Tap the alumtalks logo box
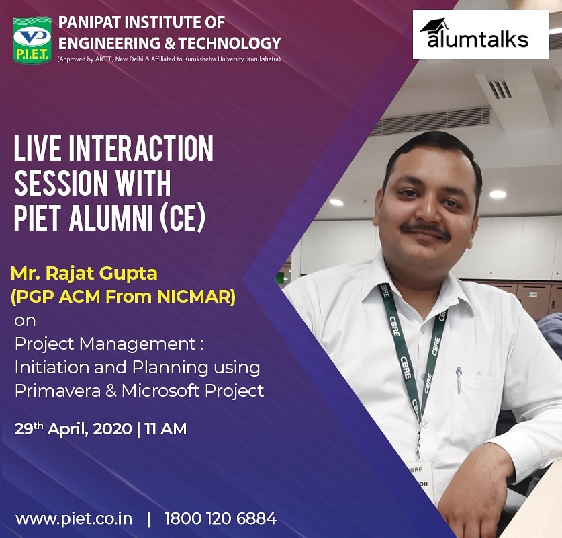(480, 35)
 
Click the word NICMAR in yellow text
(204, 297)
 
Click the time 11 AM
(166, 428)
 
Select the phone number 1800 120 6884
(220, 518)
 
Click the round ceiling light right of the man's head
(498, 194)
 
